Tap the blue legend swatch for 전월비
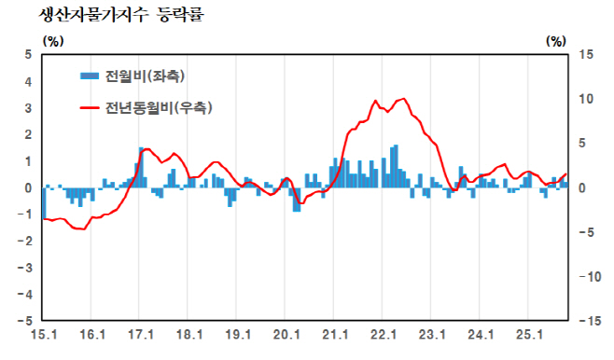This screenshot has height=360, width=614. [90, 76]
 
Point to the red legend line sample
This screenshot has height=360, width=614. [90, 108]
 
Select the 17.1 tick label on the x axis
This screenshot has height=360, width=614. [140, 333]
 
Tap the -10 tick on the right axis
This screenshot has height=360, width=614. [587, 277]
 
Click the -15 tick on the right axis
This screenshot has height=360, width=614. [587, 321]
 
